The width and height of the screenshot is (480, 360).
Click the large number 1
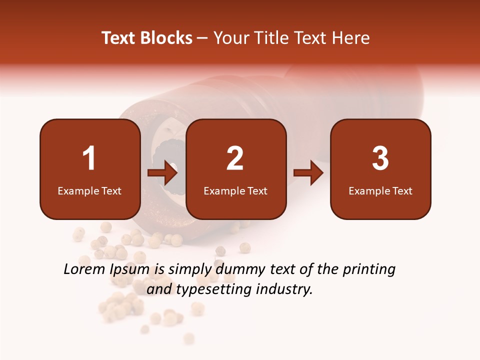click(x=89, y=158)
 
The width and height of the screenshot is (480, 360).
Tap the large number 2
click(x=235, y=158)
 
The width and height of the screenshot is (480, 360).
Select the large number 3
click(x=380, y=158)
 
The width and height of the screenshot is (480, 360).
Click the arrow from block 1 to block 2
click(x=163, y=173)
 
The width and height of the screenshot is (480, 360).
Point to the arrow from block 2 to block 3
click(x=308, y=173)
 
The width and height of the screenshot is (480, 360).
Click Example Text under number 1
click(x=89, y=190)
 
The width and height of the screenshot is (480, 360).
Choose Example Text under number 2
click(x=235, y=190)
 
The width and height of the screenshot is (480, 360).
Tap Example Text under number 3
click(x=380, y=190)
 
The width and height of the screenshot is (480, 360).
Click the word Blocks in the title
click(x=166, y=38)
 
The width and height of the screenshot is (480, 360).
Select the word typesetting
click(x=200, y=289)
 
